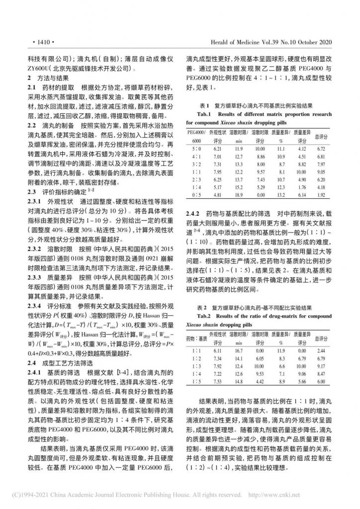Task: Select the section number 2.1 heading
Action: [x=32, y=87]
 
